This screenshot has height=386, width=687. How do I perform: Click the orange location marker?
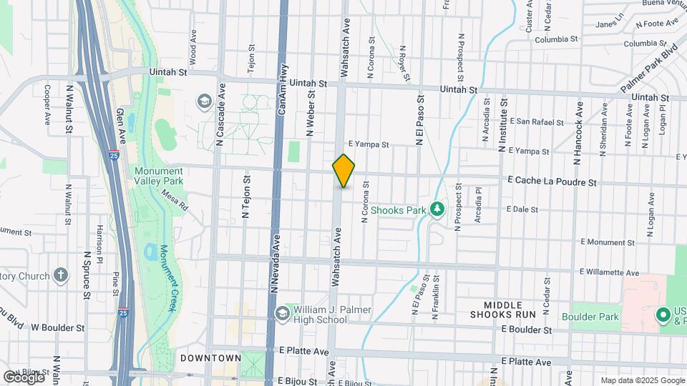[344, 171]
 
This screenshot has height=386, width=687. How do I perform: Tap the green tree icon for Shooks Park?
[436, 209]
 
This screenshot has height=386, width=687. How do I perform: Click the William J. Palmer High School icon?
[282, 313]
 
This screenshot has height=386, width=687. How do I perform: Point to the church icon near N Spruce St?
[62, 275]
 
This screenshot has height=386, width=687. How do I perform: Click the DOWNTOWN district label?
[210, 357]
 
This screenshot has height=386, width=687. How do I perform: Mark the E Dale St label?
[522, 209]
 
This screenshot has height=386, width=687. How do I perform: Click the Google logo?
[23, 377]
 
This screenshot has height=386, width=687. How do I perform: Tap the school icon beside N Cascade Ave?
[205, 101]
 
